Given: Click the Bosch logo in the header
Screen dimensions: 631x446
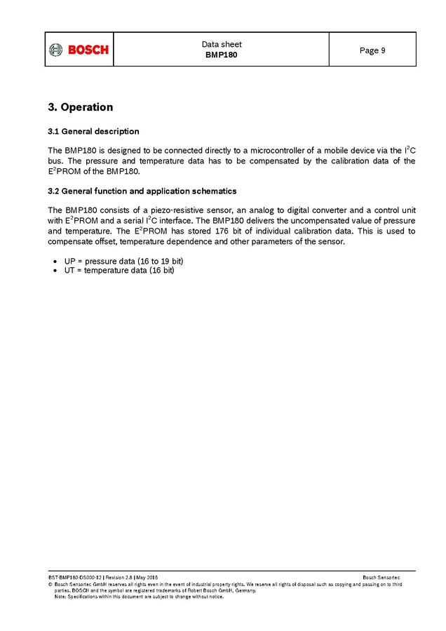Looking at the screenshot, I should (79, 50).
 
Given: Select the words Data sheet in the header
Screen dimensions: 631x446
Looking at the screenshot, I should (222, 44).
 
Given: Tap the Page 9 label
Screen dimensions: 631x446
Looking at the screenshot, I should (372, 50).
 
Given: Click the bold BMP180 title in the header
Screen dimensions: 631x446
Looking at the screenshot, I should (222, 55).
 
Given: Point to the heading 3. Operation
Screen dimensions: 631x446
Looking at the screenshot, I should (80, 107).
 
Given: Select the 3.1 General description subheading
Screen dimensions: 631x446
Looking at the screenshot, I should (93, 131).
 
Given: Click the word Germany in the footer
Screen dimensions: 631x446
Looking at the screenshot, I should (242, 590).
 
